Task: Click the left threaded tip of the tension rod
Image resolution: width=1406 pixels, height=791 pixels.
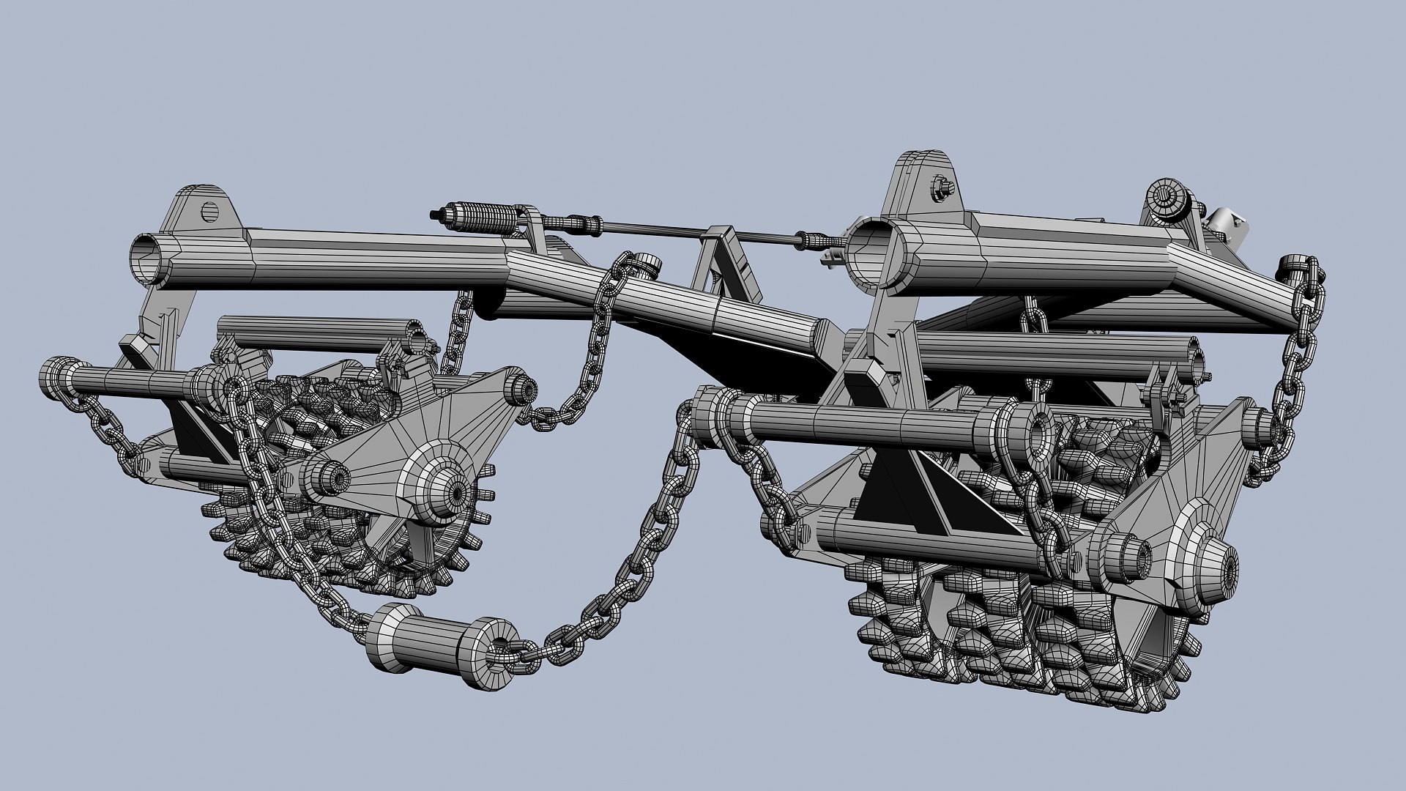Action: click(438, 214)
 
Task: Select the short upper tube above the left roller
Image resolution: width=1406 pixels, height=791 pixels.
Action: click(315, 333)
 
